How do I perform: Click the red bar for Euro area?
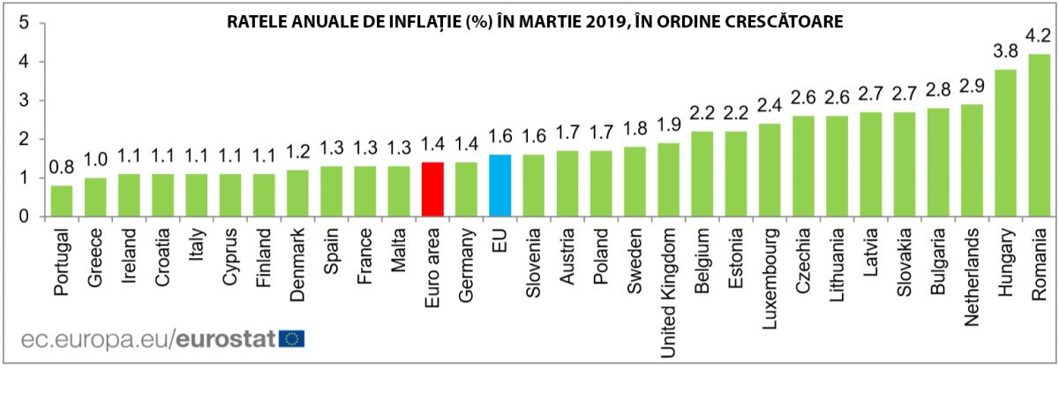(x=432, y=189)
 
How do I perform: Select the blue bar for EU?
(x=499, y=186)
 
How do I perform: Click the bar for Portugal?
(x=62, y=201)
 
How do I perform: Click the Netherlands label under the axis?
(x=972, y=277)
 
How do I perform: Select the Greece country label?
(x=95, y=257)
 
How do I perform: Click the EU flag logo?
(x=292, y=338)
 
